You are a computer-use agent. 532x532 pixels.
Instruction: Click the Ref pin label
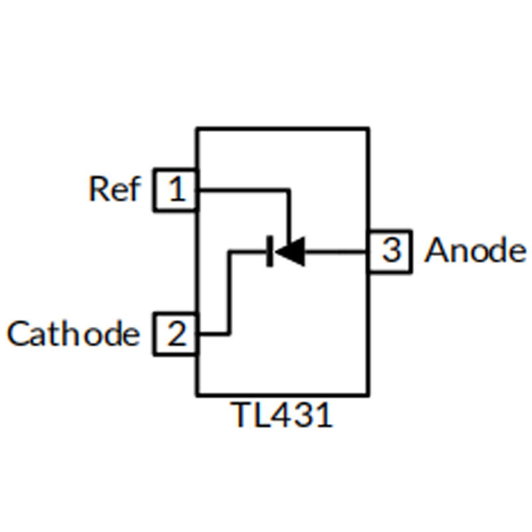click(x=114, y=189)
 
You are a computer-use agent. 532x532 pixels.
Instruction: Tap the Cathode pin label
click(x=73, y=334)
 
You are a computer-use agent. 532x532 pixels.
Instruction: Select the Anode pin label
click(x=475, y=250)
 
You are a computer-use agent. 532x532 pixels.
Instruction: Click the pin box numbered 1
click(x=176, y=190)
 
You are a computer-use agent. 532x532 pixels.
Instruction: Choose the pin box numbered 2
click(x=176, y=334)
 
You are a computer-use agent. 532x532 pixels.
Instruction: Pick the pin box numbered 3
click(x=390, y=251)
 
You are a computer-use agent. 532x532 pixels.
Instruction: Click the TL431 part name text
click(x=281, y=414)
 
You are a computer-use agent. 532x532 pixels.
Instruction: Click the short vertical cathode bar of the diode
click(x=270, y=251)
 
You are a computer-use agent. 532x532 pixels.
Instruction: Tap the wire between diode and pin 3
click(x=336, y=251)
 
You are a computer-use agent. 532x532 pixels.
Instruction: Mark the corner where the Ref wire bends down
click(x=289, y=190)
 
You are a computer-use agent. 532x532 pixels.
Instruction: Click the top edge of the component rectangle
click(x=283, y=129)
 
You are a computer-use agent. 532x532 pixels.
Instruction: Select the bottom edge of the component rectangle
click(x=283, y=394)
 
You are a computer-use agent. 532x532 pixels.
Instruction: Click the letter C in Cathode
click(x=18, y=334)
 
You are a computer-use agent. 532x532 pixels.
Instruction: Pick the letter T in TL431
click(x=241, y=414)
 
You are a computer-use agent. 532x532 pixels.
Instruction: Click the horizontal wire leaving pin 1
click(x=243, y=190)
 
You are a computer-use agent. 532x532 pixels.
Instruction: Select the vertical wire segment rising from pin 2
click(x=229, y=293)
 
